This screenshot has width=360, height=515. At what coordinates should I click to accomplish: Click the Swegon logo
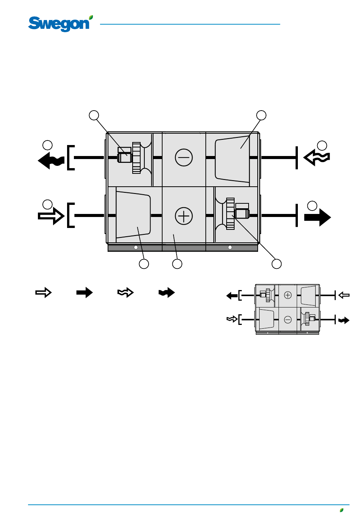(x=60, y=23)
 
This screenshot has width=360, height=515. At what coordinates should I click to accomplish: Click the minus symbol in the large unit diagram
(x=183, y=158)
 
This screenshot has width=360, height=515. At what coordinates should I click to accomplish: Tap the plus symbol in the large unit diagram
(x=183, y=216)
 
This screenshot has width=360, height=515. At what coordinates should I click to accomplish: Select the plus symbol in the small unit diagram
(x=288, y=295)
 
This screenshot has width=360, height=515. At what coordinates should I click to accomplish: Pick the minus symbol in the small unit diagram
(x=288, y=320)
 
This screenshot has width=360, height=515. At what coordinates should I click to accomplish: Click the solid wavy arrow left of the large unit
(x=51, y=160)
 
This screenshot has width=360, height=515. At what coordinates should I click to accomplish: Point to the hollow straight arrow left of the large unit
(x=51, y=216)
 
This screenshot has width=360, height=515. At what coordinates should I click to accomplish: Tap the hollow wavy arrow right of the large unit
(x=316, y=158)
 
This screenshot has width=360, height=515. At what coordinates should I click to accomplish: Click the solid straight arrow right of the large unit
(x=318, y=217)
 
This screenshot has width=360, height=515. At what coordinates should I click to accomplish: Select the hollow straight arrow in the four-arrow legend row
(x=44, y=292)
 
